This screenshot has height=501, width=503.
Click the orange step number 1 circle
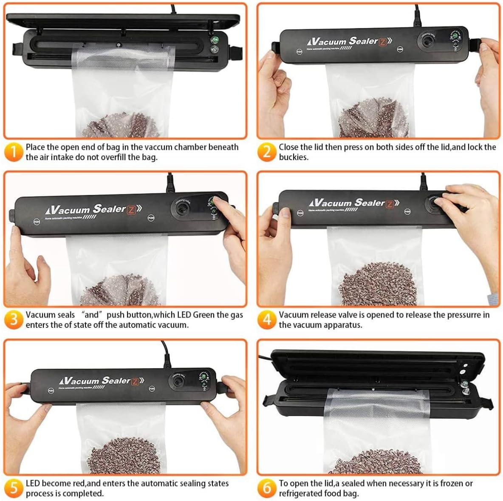click(x=14, y=152)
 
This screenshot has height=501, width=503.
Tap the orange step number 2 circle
click(x=267, y=152)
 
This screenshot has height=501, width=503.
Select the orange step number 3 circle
click(x=14, y=320)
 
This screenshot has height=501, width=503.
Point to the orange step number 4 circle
click(x=267, y=320)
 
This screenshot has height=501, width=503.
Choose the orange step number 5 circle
click(x=14, y=488)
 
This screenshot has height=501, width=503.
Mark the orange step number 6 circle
click(x=267, y=488)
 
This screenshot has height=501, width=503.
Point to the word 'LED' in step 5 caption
click(x=33, y=483)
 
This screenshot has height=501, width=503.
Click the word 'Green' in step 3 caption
click(x=204, y=315)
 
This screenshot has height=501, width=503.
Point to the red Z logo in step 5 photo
click(x=135, y=381)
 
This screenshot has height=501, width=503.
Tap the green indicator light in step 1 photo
click(x=215, y=41)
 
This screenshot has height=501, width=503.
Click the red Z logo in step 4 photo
click(x=389, y=204)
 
